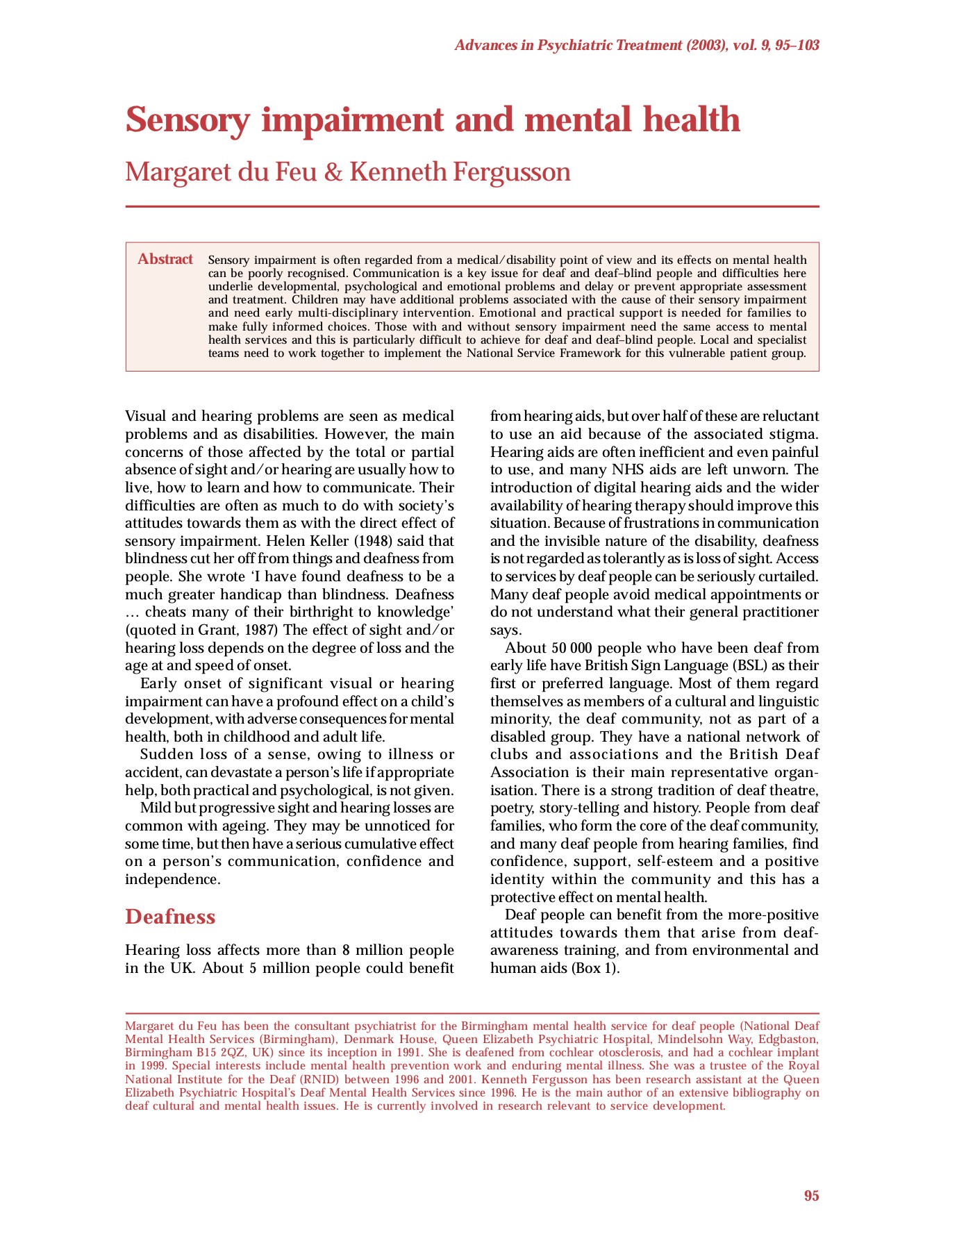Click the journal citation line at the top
click(636, 46)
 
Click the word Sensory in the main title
click(187, 120)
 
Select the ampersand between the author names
click(333, 172)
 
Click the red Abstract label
click(165, 259)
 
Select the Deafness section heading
click(170, 917)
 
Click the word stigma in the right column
click(792, 434)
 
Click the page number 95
click(811, 1196)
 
